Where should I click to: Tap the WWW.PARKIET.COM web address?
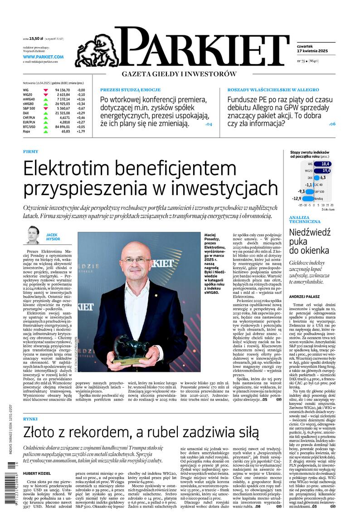43,57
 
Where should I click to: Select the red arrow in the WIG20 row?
46,94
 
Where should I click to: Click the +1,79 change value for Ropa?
80,131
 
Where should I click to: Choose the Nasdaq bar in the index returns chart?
308,198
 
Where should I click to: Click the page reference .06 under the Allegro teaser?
332,123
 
